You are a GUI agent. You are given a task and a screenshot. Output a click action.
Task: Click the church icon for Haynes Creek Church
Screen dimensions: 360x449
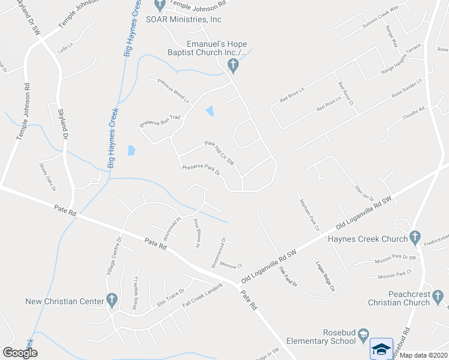tap(414, 238)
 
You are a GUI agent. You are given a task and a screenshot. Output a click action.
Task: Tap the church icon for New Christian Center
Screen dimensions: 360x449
tap(111, 299)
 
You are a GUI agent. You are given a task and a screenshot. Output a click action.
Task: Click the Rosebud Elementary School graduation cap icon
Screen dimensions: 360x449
tap(382, 347)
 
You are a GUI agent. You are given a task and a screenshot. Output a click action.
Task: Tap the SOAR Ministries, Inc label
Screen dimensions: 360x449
tap(184, 19)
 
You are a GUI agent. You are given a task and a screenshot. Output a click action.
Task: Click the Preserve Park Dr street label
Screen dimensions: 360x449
tap(201, 170)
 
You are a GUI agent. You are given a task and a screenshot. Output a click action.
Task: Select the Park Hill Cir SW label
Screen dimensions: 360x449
tap(218, 152)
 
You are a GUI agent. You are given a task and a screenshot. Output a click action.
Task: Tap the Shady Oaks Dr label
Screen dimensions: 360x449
tap(47, 176)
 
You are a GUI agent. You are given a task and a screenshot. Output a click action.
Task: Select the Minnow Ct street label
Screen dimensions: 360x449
tap(231, 265)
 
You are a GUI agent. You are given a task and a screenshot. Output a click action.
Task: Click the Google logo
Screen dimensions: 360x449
tap(20, 353)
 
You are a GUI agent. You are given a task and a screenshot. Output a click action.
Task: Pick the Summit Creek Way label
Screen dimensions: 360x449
tap(377, 17)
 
